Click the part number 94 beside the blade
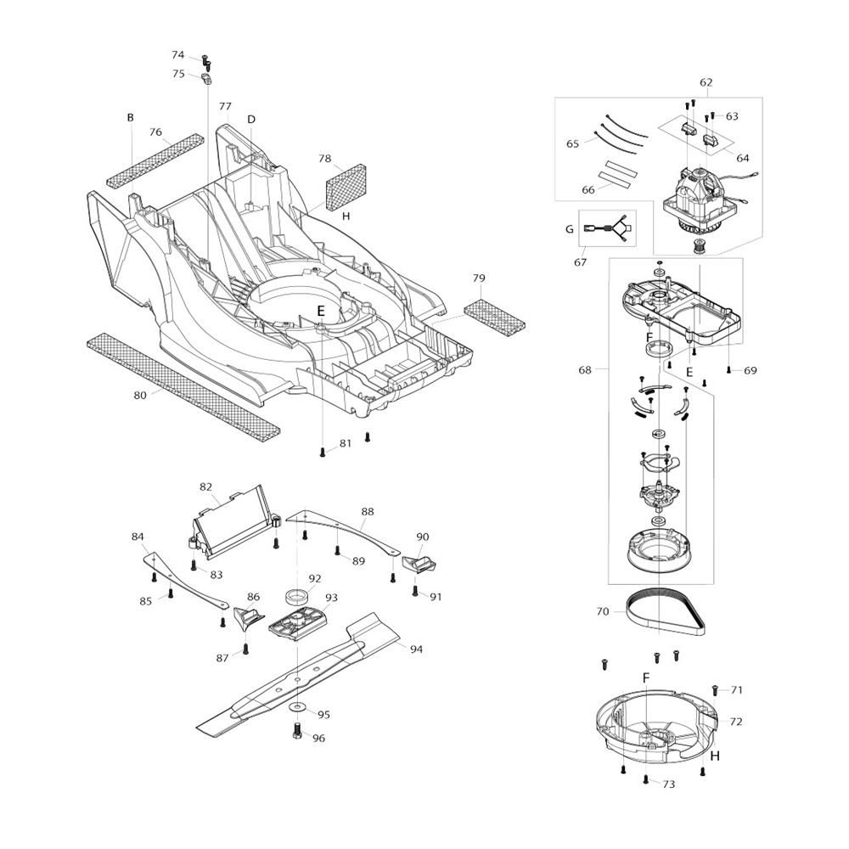tap(416, 649)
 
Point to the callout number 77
tap(225, 107)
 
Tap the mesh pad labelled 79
tap(494, 315)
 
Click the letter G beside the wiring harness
tap(569, 229)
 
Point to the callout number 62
tap(706, 82)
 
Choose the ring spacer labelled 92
tap(296, 597)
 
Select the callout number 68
tap(585, 370)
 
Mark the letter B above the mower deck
tap(130, 117)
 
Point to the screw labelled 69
tap(729, 370)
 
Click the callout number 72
tap(736, 721)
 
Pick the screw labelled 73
tap(646, 779)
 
